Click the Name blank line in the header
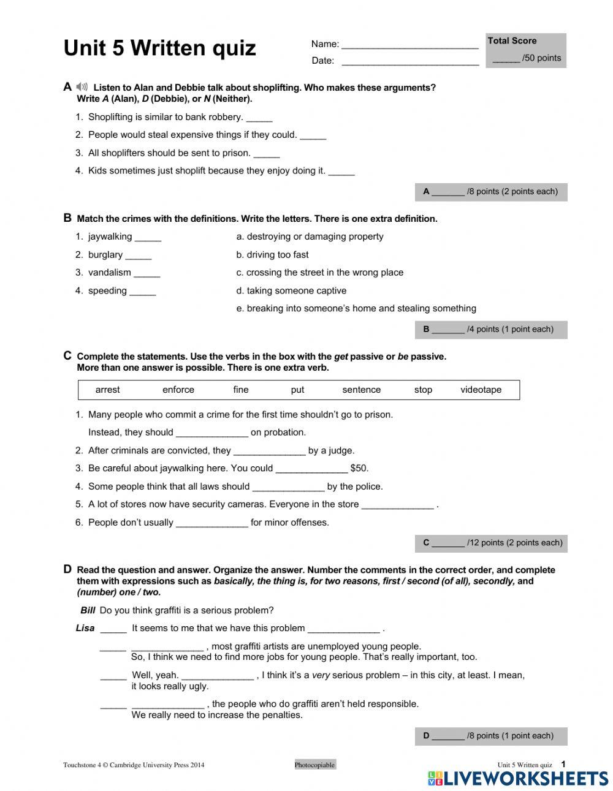(x=409, y=45)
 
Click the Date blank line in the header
(x=409, y=62)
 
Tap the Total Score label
(x=512, y=41)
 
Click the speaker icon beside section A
(x=82, y=87)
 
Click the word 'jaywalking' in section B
(x=110, y=237)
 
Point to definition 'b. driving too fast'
(x=273, y=255)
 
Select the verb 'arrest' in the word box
(x=108, y=390)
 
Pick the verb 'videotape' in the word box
(x=481, y=390)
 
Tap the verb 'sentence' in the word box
(x=361, y=390)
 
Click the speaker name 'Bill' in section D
(x=88, y=610)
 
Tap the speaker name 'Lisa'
(x=85, y=628)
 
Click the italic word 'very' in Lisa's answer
(x=321, y=675)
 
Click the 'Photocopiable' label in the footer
(x=314, y=765)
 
